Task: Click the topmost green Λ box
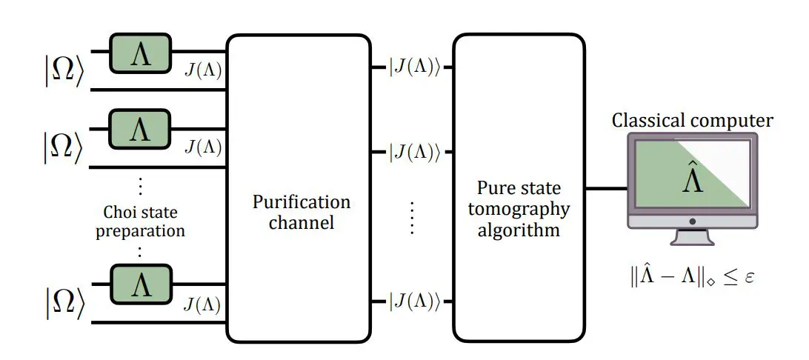[x=140, y=53]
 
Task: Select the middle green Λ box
[x=140, y=130]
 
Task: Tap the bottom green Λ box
[x=140, y=284]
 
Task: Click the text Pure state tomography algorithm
[x=519, y=208]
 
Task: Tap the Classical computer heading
[x=692, y=120]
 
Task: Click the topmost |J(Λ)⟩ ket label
[x=415, y=67]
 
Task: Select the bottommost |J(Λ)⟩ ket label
[x=415, y=301]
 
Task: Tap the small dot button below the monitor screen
[x=692, y=221]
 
